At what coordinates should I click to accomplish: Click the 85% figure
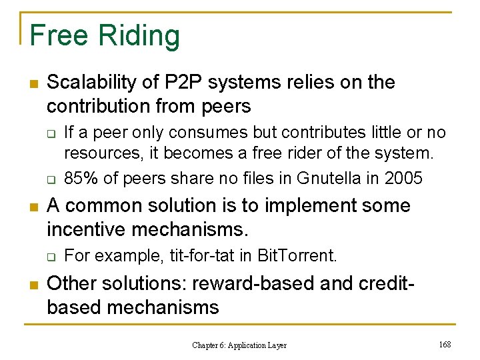[79, 179]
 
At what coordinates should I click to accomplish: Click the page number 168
[445, 344]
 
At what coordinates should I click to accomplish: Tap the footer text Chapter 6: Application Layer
[239, 345]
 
